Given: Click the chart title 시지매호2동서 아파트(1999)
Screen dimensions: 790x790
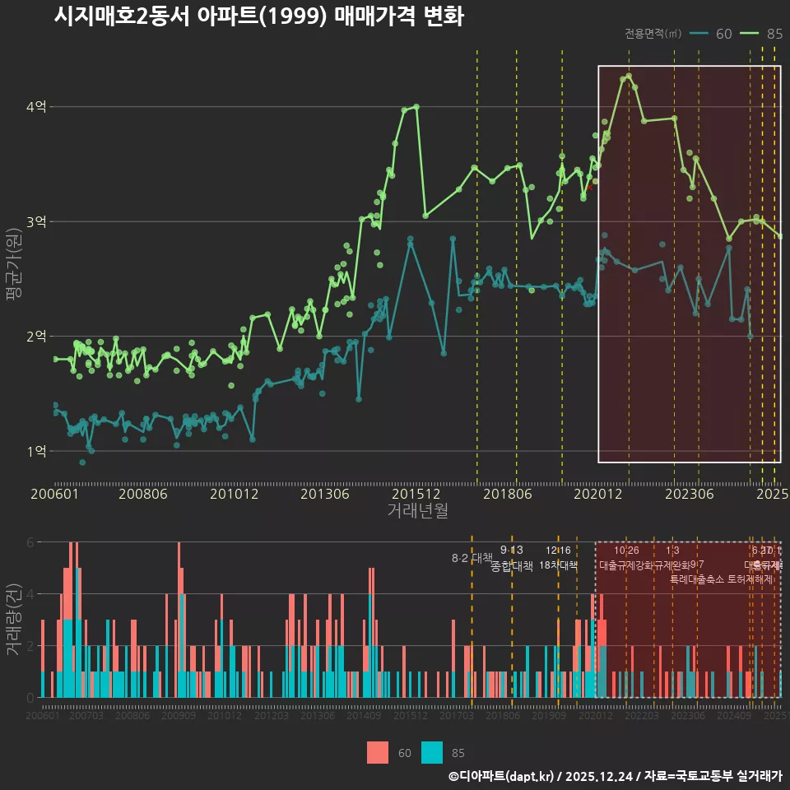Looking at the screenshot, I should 258,16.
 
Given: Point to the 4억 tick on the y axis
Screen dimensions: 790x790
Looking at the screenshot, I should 36,107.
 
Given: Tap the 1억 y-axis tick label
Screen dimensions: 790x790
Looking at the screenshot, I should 36,451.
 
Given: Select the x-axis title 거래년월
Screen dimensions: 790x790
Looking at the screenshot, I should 417,511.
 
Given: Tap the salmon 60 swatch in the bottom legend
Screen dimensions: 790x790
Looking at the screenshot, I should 378,752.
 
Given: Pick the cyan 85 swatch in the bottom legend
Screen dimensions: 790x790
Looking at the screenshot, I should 432,752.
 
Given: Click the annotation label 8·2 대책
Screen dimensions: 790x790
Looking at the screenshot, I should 472,558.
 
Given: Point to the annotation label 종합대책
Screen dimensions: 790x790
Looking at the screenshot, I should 512,566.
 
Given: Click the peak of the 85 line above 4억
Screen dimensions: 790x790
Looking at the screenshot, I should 629,76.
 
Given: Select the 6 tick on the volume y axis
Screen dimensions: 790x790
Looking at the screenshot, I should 30,542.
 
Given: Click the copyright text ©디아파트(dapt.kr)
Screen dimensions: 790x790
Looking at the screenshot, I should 502,776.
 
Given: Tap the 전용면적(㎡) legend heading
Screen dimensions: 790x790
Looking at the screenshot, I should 653,34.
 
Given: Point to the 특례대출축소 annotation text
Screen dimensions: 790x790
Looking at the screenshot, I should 697,579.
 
